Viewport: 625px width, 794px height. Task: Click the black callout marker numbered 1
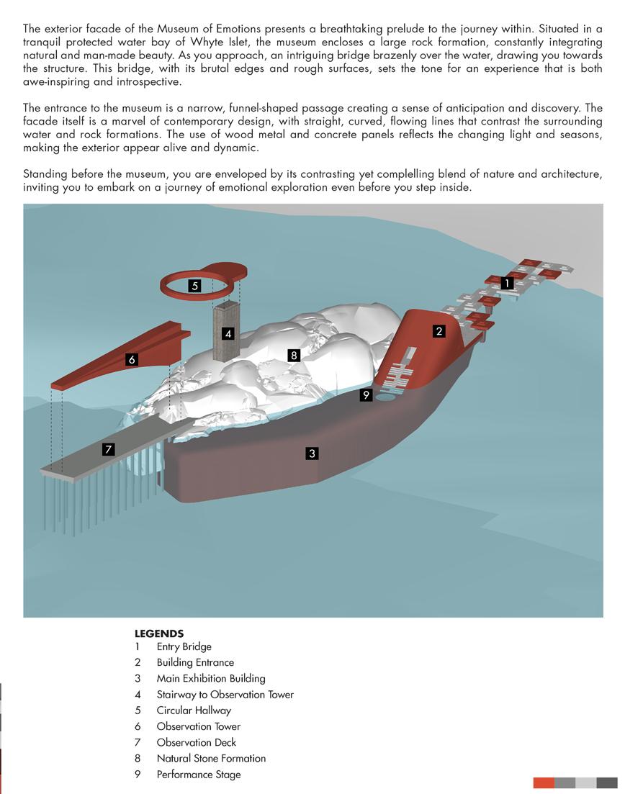507,284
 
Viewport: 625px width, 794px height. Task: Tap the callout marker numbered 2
439,331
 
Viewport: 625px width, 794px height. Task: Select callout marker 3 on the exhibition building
312,454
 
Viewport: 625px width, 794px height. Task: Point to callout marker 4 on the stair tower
228,334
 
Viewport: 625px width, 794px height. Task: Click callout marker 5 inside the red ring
194,286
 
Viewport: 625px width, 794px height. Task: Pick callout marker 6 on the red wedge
131,359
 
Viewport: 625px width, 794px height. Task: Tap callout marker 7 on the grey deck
108,450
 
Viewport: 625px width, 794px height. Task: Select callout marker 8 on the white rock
293,355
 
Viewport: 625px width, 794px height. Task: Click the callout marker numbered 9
367,394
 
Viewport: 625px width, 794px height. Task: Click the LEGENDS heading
159,634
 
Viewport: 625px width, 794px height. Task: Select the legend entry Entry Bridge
184,646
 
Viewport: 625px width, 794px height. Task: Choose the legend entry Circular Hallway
194,710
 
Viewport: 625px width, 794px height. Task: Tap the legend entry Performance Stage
199,775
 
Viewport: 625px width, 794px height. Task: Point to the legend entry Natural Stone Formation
211,758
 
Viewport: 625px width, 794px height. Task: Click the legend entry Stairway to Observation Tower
225,695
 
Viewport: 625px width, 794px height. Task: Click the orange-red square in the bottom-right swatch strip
544,783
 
